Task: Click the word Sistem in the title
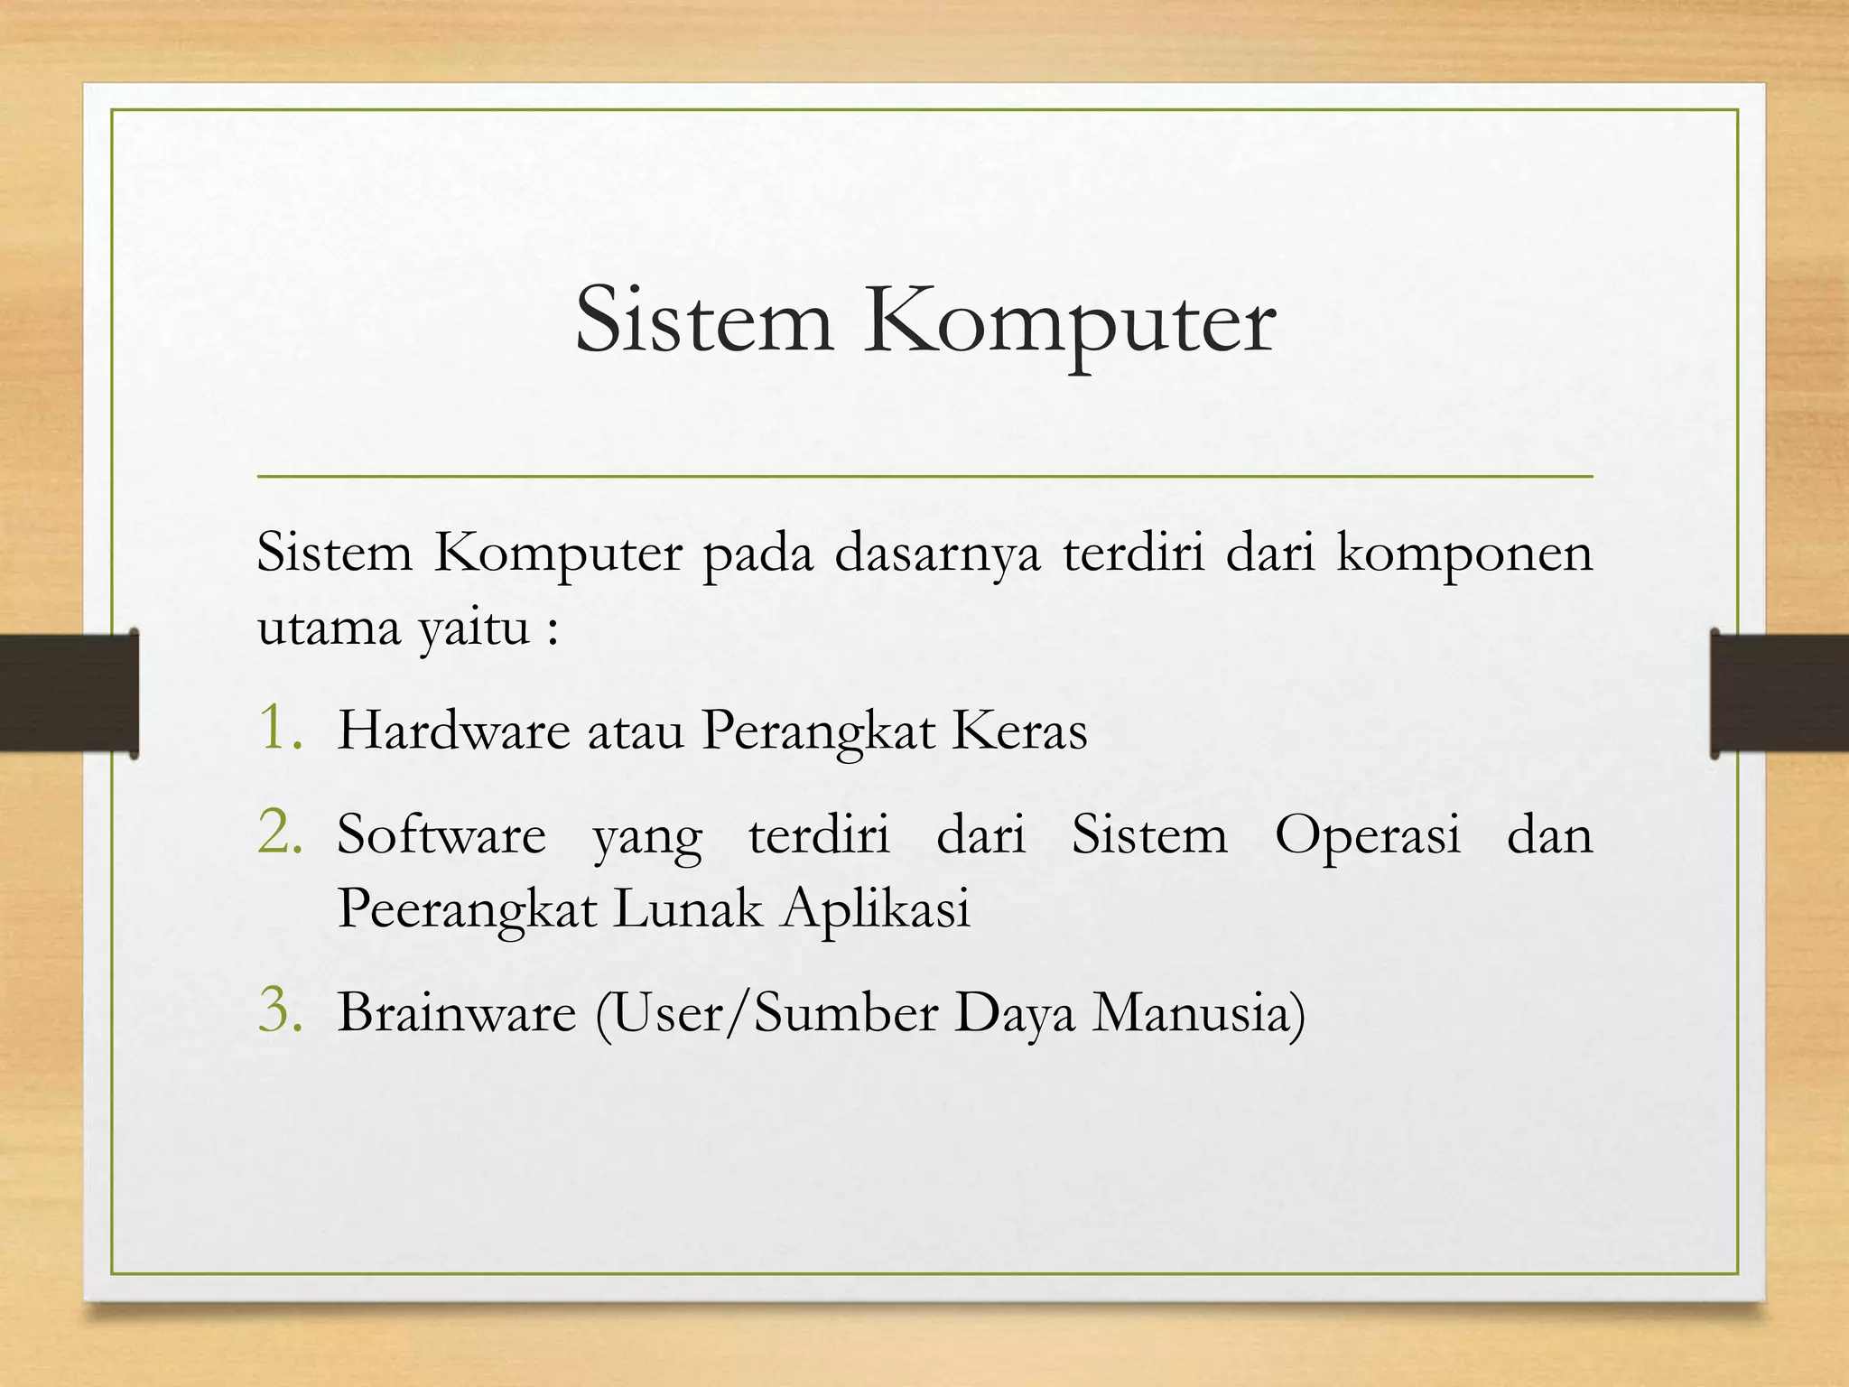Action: point(704,321)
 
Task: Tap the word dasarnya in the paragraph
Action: point(937,554)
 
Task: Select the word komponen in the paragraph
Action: point(1464,554)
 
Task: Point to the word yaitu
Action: point(474,628)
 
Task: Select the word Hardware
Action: point(453,730)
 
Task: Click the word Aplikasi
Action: point(876,908)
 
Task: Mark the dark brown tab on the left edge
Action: point(69,693)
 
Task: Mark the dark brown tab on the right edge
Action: point(1779,693)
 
